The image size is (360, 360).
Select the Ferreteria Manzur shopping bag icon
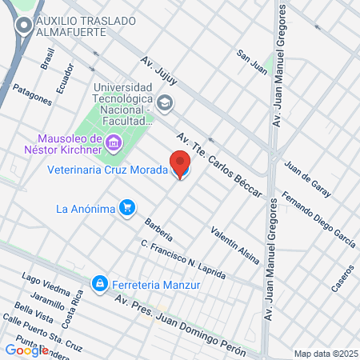[x=99, y=283]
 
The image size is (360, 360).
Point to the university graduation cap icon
[x=165, y=102]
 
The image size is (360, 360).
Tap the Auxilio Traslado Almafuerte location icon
[x=23, y=26]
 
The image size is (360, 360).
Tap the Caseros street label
[x=342, y=277]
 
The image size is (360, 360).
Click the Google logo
[x=27, y=350]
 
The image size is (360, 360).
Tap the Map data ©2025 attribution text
[x=325, y=353]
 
